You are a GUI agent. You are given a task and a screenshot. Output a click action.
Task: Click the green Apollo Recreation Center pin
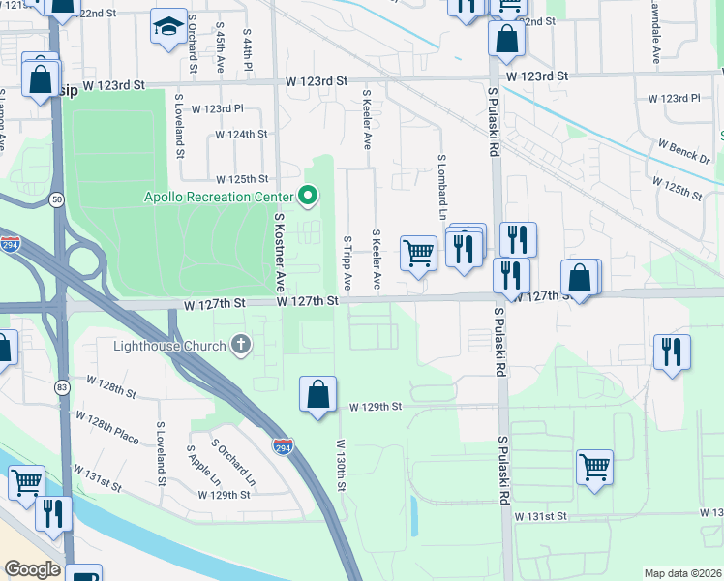pyautogui.click(x=309, y=197)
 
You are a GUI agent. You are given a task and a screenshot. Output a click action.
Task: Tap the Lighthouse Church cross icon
pyautogui.click(x=241, y=345)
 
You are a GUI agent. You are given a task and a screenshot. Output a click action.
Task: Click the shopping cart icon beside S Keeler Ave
pyautogui.click(x=418, y=253)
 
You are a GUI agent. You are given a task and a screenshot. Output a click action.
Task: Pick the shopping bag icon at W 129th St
pyautogui.click(x=317, y=395)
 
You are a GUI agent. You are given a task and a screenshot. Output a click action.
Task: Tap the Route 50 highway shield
pyautogui.click(x=58, y=199)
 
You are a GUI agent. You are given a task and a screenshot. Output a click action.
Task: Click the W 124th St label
pyautogui.click(x=241, y=135)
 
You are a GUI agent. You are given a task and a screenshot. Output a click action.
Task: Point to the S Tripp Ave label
pyautogui.click(x=347, y=261)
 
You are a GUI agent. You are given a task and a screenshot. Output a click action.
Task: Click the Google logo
pyautogui.click(x=32, y=569)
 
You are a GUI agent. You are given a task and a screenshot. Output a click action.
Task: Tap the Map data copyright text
pyautogui.click(x=682, y=573)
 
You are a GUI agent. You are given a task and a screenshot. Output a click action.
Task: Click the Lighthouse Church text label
pyautogui.click(x=169, y=346)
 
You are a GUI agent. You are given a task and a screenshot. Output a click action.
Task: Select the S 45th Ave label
pyautogui.click(x=221, y=48)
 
